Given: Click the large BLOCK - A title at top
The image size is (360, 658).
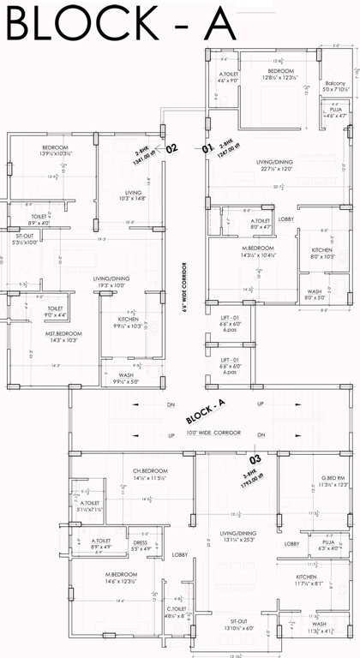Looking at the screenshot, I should tap(120, 23).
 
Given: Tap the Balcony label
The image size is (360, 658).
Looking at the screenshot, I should tap(335, 82).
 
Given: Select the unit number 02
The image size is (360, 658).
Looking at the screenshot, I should tap(171, 148).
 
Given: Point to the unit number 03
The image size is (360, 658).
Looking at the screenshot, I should tap(255, 458).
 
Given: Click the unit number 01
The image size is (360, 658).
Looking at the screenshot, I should tap(207, 148).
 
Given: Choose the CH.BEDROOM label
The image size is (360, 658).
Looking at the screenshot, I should tap(149, 471).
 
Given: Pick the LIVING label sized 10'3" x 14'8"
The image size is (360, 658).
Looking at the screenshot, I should tap(133, 193).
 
